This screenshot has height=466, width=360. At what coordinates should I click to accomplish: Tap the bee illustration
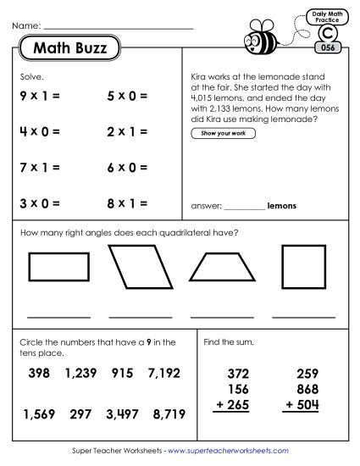click(x=259, y=38)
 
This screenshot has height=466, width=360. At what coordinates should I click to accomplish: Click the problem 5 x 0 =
click(x=127, y=97)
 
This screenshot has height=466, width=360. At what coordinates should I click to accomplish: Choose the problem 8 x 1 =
click(x=127, y=203)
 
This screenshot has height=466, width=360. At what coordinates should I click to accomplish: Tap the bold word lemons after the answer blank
click(x=283, y=205)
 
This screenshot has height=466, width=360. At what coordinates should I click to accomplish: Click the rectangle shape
click(x=59, y=268)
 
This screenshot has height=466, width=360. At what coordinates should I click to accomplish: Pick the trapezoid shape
click(x=222, y=269)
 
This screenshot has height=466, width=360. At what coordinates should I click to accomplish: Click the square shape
click(x=302, y=268)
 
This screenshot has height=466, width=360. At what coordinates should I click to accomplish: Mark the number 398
click(x=39, y=373)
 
